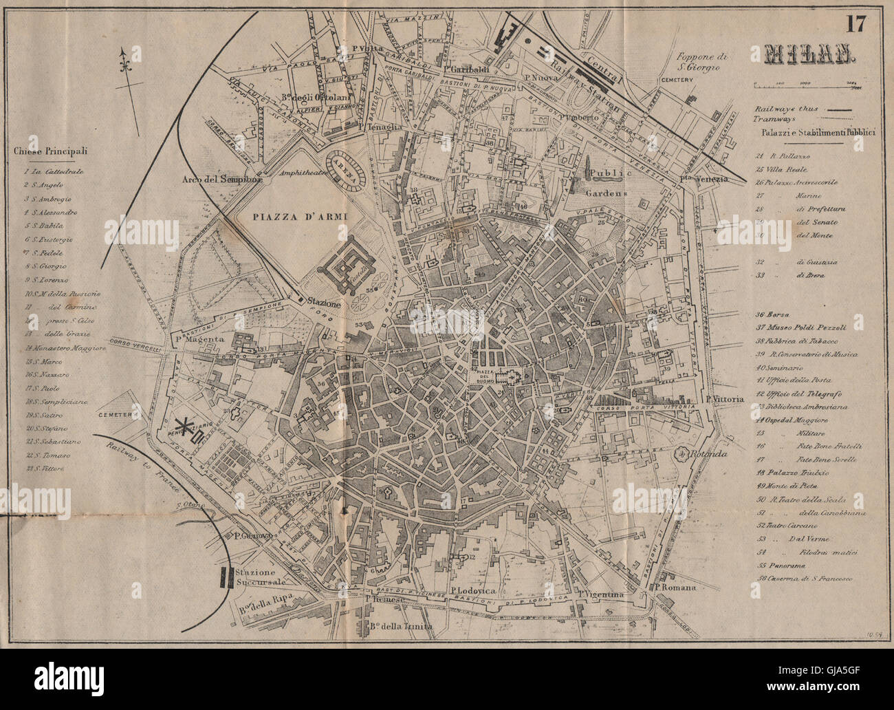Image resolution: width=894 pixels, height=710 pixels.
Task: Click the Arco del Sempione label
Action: point(223,180)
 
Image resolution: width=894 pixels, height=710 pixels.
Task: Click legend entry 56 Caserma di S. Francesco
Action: point(803,579)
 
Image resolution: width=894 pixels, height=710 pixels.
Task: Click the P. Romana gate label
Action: point(675,588)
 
